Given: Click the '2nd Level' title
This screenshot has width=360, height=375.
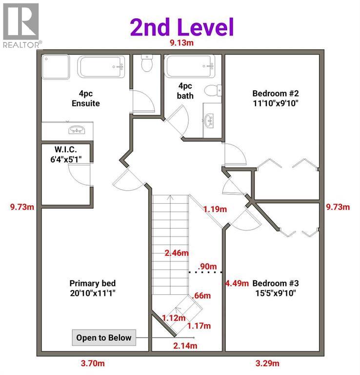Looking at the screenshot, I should pos(181,27).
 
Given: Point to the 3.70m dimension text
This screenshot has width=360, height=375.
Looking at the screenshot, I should pos(92,363).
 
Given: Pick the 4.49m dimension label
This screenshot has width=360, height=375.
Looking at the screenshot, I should pos(237,283).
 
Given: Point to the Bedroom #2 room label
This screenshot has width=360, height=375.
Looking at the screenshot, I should pos(275,98).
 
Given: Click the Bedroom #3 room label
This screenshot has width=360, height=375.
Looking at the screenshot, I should pos(275,288).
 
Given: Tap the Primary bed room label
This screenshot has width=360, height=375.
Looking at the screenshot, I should pos(92,288).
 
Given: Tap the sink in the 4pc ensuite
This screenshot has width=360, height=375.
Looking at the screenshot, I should pos(76,130).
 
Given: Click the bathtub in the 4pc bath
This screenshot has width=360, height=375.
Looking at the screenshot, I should pos(190,66).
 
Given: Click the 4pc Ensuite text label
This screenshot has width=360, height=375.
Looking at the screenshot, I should pos(86,98).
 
